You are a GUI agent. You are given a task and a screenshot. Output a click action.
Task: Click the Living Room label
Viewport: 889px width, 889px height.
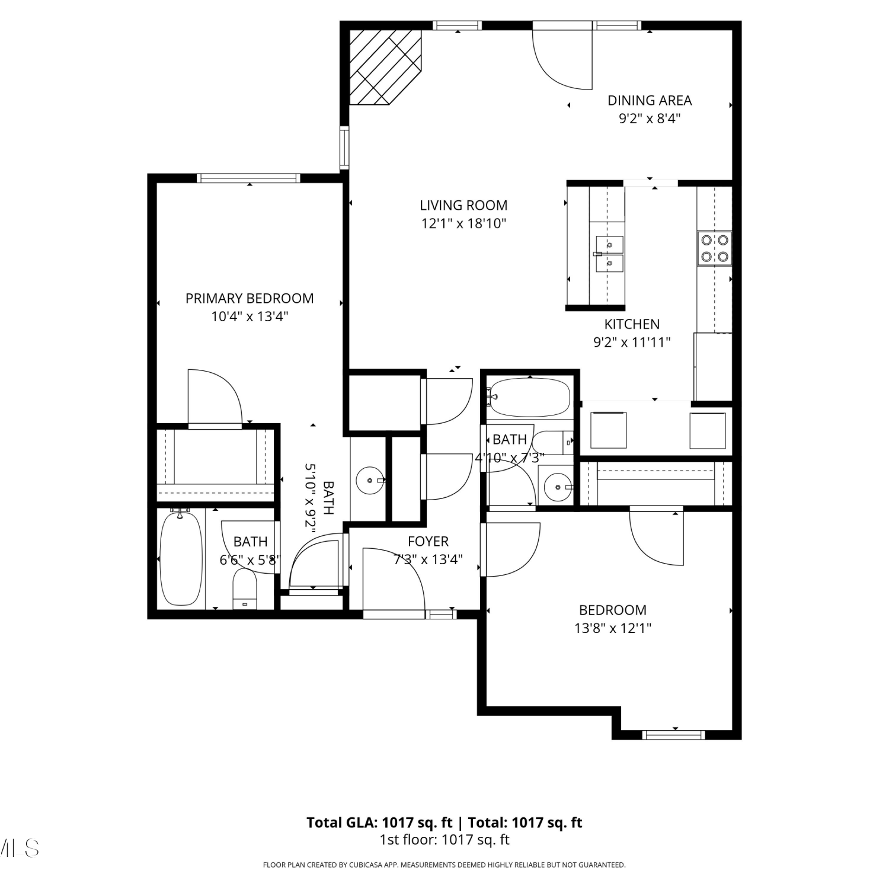coord(463,205)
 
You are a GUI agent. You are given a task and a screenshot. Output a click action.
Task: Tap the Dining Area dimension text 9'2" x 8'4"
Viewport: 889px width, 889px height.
coord(650,119)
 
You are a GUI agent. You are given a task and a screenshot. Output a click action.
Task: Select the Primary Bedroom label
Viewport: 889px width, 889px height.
coord(250,298)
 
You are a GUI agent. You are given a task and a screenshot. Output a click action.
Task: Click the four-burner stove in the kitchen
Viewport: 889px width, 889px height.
coord(715,248)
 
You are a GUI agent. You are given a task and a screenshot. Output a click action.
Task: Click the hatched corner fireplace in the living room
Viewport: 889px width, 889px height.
coord(385,68)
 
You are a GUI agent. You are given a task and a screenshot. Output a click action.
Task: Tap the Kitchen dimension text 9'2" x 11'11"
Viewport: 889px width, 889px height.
coord(632,342)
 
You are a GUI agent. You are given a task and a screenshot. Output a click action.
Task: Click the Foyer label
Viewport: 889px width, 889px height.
coord(428,541)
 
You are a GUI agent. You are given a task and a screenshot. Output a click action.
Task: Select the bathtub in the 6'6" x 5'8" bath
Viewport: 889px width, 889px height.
coord(181,558)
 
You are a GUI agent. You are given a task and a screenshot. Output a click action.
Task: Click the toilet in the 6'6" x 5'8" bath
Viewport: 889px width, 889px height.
coord(245,589)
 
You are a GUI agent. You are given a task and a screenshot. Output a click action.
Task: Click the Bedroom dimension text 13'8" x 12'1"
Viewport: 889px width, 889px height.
coord(613,628)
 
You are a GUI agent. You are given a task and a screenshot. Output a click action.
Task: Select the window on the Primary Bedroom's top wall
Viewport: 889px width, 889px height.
coord(248,178)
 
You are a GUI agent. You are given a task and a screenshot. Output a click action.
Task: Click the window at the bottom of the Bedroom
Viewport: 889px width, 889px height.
coord(674,735)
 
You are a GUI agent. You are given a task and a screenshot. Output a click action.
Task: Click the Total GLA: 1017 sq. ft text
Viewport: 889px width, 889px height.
coord(379,823)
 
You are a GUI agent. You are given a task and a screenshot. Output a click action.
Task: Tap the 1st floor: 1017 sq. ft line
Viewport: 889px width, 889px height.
coord(444,840)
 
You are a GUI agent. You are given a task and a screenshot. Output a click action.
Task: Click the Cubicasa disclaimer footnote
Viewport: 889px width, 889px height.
coord(444,865)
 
